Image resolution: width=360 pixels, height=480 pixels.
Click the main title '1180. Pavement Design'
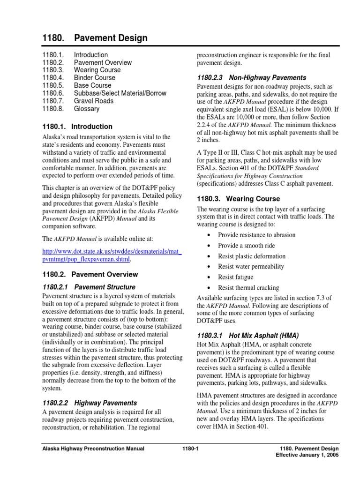tap(95, 38)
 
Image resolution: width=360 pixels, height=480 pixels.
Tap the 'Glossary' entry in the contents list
tap(87, 109)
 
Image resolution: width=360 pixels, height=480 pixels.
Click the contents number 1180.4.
tap(53, 78)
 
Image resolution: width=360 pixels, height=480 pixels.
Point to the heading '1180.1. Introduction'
tap(77, 127)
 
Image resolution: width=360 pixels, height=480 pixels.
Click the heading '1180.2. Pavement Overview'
tap(90, 274)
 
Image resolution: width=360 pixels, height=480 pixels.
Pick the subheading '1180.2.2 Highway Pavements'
tap(90, 403)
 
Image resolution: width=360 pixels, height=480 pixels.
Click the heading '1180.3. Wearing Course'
tap(238, 199)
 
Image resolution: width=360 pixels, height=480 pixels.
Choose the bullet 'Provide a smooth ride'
tap(246, 246)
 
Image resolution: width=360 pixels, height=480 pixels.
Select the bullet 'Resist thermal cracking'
tap(248, 288)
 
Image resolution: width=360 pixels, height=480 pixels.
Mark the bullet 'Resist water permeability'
tap(251, 267)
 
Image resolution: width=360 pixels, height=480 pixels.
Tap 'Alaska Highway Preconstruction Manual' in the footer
tap(93, 449)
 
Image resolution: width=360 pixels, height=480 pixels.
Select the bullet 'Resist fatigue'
tap(235, 277)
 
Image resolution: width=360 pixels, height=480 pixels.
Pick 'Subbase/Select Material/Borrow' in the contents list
tap(120, 93)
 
